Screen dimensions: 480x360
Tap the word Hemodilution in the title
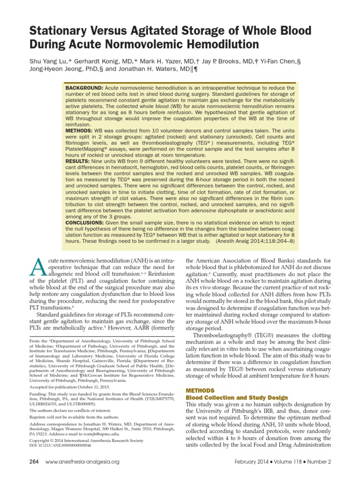pos(221,45)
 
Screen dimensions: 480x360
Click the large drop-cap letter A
pos(37,269)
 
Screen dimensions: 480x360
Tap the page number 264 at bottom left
pos(35,462)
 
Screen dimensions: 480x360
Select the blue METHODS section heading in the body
pos(200,390)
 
